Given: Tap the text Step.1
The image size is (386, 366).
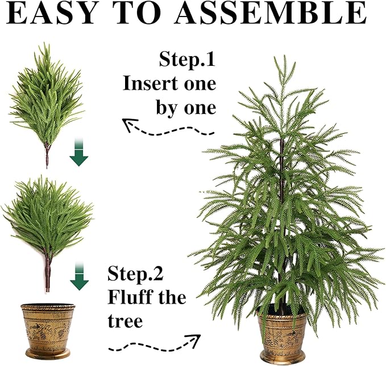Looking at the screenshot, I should point(187,60).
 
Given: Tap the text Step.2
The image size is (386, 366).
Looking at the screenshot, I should point(135,275).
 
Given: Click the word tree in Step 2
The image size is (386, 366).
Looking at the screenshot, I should point(125,321).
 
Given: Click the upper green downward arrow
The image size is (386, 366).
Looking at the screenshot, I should point(80,155).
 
